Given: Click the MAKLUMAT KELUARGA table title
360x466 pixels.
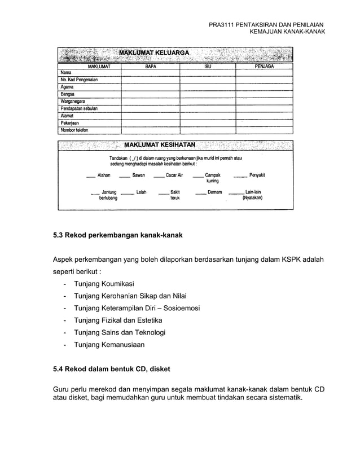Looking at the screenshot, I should click(153, 54).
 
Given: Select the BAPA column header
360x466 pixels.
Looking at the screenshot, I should click(150, 66).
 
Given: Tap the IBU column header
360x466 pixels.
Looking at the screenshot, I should click(208, 66).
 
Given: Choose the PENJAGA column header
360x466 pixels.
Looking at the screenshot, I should click(264, 66).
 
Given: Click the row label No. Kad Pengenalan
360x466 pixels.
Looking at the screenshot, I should click(79, 80).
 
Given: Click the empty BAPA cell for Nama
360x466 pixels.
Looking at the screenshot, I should click(150, 73).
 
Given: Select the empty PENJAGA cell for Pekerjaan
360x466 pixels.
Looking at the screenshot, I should click(264, 122).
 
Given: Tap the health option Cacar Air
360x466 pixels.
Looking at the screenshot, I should click(174, 175).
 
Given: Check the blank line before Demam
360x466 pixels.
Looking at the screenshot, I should click(200, 194).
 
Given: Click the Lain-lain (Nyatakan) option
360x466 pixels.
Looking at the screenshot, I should click(252, 195).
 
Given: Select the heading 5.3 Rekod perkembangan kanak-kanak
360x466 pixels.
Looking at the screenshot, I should click(117, 234).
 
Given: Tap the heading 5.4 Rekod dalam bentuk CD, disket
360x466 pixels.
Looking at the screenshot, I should click(111, 370).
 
